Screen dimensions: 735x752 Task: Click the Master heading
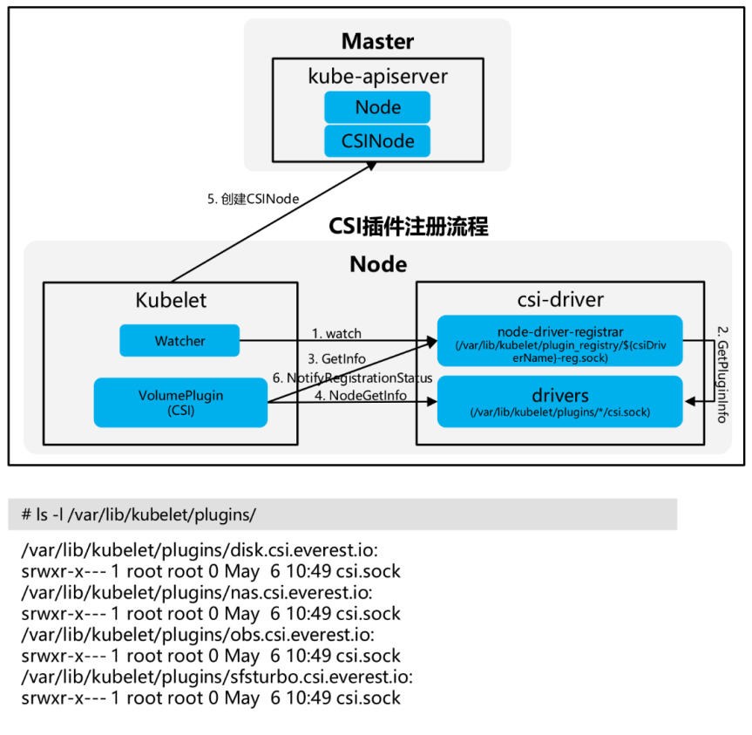(x=377, y=41)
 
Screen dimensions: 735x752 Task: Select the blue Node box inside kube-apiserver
(x=377, y=107)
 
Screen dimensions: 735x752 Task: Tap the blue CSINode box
(x=377, y=141)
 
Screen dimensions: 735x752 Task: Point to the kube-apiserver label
(x=377, y=76)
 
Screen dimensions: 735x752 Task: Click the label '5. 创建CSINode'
(x=253, y=199)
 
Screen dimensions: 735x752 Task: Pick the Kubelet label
(x=171, y=300)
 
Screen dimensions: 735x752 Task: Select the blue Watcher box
(x=180, y=341)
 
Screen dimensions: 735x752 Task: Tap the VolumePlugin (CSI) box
(x=180, y=403)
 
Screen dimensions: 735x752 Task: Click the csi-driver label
(x=559, y=300)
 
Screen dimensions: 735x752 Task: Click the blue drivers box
(x=559, y=402)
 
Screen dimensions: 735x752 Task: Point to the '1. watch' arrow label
(x=336, y=334)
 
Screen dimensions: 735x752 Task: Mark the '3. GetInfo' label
(x=335, y=358)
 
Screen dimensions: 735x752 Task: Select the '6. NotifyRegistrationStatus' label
(x=352, y=378)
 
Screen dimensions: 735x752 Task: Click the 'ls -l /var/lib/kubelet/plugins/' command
(x=139, y=514)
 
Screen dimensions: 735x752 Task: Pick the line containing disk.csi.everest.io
(x=200, y=550)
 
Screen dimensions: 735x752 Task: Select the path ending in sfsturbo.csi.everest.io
(x=217, y=677)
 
